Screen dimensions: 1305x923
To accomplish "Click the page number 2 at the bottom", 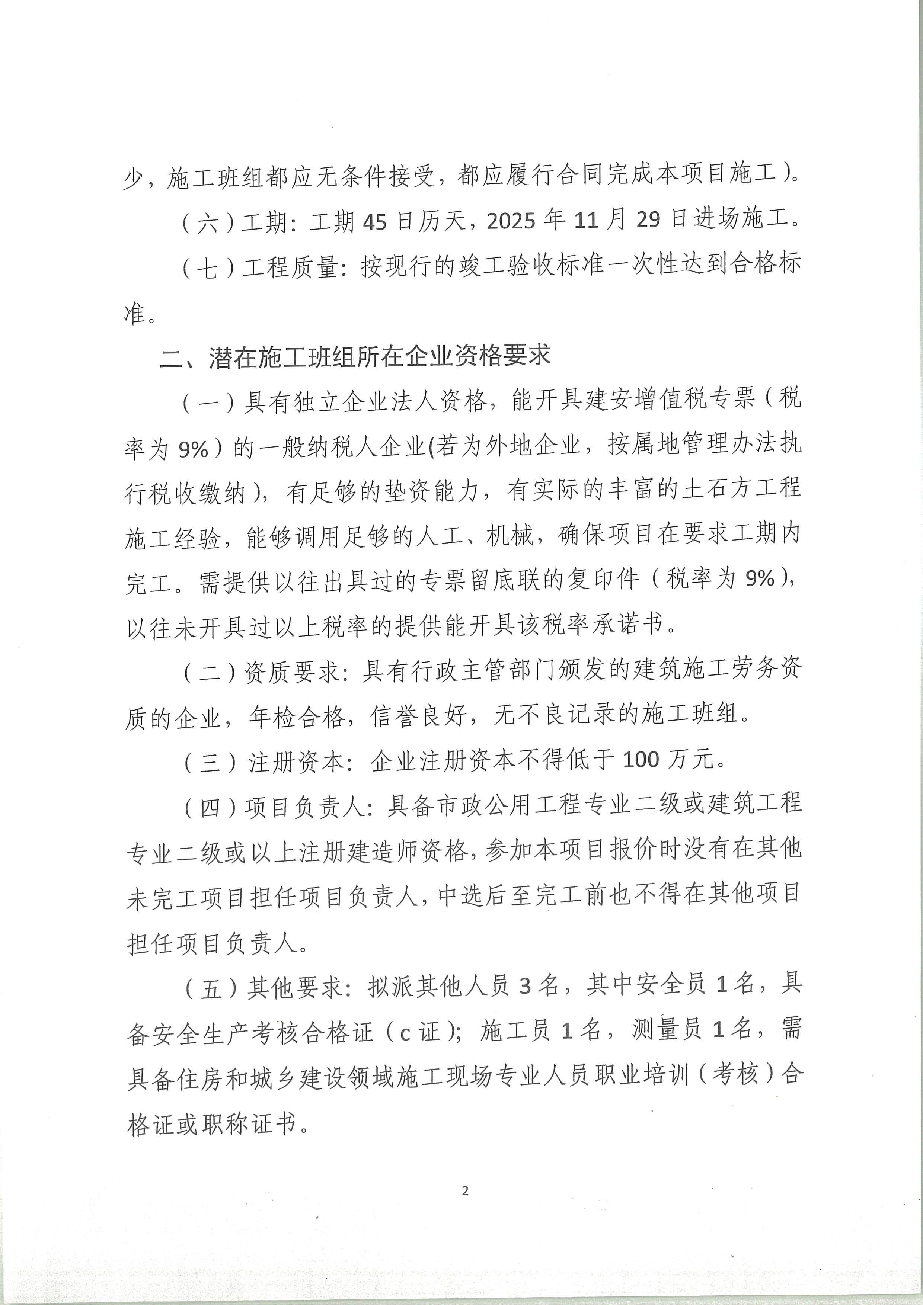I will point(465,1191).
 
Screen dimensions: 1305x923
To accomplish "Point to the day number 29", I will point(648,220).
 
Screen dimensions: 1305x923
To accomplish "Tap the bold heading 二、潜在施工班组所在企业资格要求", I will point(355,357).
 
